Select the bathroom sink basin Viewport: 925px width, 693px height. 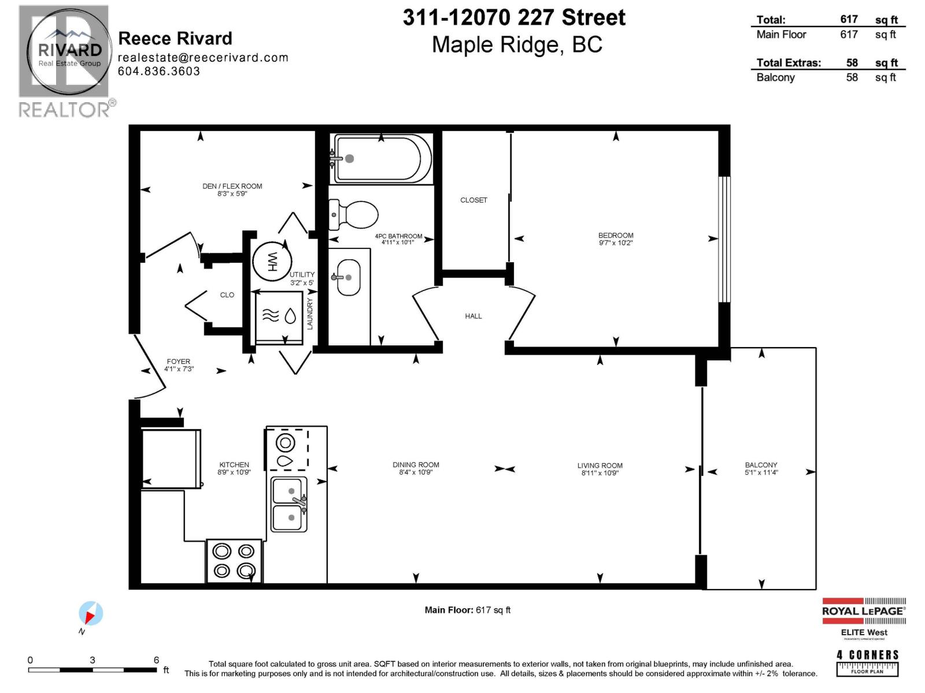[x=349, y=278]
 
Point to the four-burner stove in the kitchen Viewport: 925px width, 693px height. [x=234, y=561]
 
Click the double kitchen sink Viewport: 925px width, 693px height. [x=289, y=504]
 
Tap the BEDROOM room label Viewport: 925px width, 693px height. [x=616, y=235]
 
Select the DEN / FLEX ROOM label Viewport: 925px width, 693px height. [x=232, y=186]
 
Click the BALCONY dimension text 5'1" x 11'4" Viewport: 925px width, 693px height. [x=761, y=472]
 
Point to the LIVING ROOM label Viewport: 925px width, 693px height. [x=600, y=465]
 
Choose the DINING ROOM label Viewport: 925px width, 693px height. [x=416, y=464]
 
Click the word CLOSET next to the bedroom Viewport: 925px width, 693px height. [x=473, y=200]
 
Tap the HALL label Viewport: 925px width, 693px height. [x=473, y=316]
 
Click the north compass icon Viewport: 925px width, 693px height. [x=90, y=614]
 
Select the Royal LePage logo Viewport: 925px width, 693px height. [x=864, y=611]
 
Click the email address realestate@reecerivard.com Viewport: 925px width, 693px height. [x=203, y=57]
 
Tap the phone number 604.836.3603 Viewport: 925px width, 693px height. [x=159, y=71]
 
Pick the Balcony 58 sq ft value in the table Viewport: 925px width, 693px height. [x=852, y=77]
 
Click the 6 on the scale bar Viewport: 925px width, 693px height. [x=156, y=660]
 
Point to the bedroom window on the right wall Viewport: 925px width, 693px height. [x=724, y=239]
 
